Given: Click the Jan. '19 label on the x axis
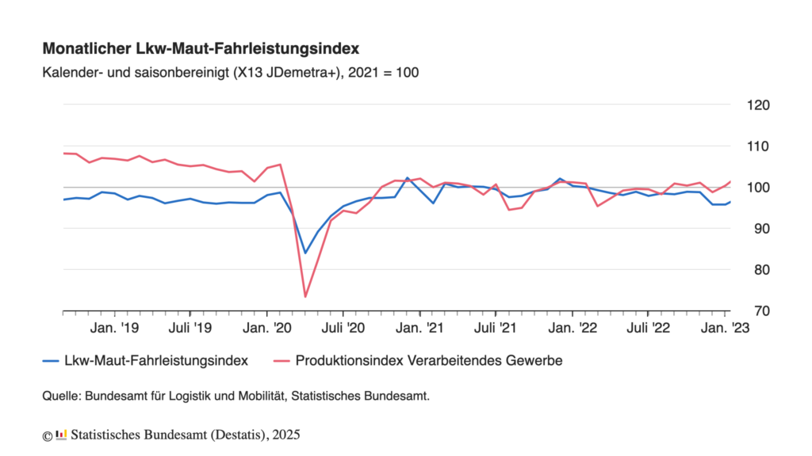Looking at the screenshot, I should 117,327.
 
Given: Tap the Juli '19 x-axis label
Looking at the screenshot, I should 190,327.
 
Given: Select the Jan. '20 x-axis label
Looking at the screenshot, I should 270,327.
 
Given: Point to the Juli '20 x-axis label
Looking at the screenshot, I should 343,327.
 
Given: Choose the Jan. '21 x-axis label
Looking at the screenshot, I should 422,327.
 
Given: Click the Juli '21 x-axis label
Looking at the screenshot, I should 496,327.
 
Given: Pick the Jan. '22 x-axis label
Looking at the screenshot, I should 575,327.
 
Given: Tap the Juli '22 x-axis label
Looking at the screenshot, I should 649,327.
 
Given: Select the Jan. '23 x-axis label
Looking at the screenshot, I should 727,327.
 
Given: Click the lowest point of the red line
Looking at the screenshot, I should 305,297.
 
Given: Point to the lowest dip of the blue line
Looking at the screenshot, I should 305,253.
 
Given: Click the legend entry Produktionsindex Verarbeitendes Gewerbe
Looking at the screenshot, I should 428,361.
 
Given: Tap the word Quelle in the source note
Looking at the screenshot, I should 61,397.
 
